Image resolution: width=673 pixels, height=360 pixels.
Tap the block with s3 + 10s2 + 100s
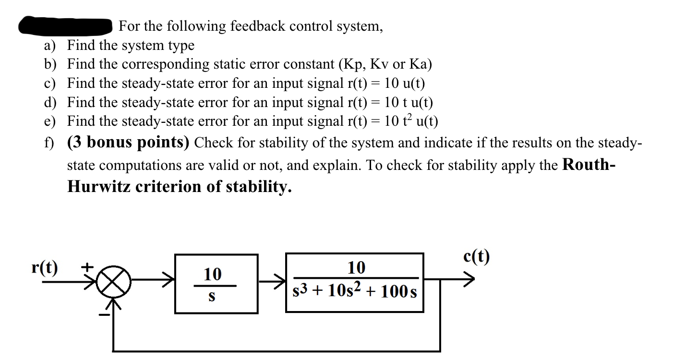pyautogui.click(x=355, y=283)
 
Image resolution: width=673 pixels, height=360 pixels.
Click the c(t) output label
pyautogui.click(x=477, y=257)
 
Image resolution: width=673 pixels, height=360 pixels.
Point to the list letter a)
pyautogui.click(x=49, y=46)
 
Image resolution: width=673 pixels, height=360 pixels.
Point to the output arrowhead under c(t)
pyautogui.click(x=469, y=278)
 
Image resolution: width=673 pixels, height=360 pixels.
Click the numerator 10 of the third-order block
pyautogui.click(x=356, y=267)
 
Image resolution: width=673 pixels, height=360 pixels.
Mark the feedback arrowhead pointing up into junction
pyautogui.click(x=114, y=303)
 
